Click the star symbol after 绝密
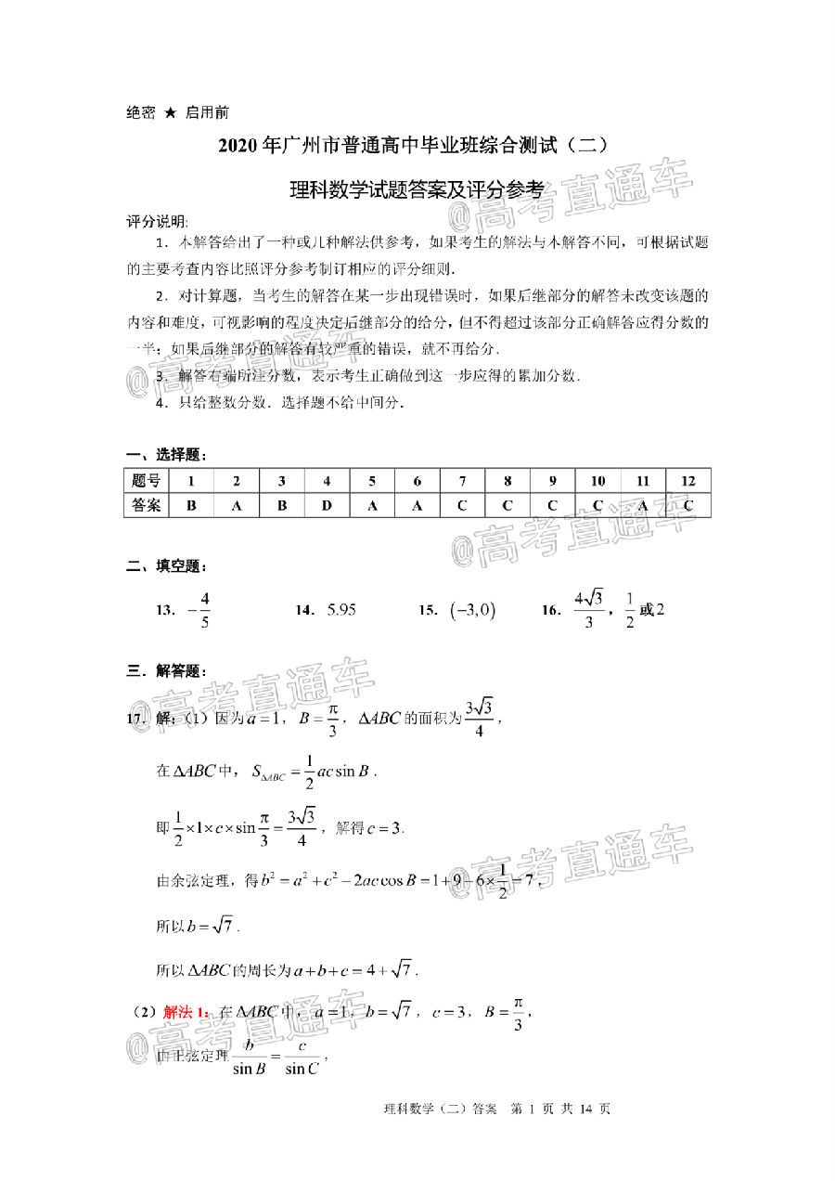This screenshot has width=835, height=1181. click(170, 112)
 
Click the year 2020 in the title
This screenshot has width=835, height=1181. click(238, 146)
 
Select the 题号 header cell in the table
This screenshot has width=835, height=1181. click(147, 481)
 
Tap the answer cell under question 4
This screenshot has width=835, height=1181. click(327, 505)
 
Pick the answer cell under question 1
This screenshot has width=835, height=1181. click(191, 505)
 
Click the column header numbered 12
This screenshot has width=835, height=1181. click(688, 481)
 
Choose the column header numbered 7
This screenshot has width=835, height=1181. click(462, 481)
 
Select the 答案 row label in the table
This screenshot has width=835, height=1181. click(147, 505)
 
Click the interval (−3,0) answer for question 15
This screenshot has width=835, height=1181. click(471, 610)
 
